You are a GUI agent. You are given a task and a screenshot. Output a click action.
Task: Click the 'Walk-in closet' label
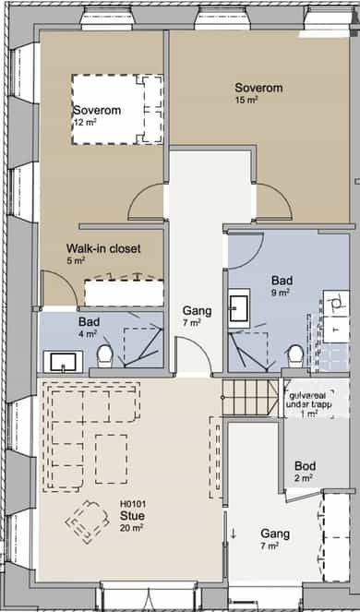(x=103, y=248)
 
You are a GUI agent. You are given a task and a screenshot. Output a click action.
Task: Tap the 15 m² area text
(x=246, y=100)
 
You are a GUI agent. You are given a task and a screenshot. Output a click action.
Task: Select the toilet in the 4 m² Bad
(x=104, y=356)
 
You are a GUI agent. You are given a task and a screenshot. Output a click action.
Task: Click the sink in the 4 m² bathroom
(x=63, y=362)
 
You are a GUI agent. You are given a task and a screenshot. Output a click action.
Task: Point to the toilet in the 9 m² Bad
(x=295, y=356)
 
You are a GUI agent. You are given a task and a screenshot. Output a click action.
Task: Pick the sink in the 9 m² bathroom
(x=239, y=308)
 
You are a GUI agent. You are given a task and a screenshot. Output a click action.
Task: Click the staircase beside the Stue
(x=250, y=398)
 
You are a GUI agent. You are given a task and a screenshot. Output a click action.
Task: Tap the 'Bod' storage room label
(x=305, y=466)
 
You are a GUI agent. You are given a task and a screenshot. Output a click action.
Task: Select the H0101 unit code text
(x=133, y=505)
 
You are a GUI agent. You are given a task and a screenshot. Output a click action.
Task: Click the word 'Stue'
(x=132, y=516)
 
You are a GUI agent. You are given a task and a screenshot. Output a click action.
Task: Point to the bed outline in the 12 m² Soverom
(x=117, y=109)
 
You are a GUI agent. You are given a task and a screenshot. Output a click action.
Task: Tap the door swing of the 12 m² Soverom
(x=146, y=202)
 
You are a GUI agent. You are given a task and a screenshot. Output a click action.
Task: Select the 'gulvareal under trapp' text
(x=308, y=400)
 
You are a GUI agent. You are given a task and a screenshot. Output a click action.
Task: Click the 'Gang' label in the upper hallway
(x=198, y=311)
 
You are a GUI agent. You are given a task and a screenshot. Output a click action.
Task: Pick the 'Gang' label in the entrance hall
(x=275, y=534)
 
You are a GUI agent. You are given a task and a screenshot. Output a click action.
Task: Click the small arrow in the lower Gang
(x=234, y=534)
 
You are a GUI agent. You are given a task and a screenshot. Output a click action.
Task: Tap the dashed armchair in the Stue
(x=88, y=522)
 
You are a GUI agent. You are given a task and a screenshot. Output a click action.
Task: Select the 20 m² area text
(x=131, y=528)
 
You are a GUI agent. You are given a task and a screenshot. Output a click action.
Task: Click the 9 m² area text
(x=282, y=293)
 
